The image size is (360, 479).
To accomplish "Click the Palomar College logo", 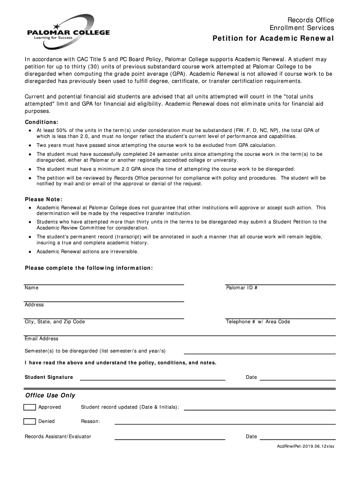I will [x=67, y=33].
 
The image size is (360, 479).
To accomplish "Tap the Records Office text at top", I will [x=310, y=20].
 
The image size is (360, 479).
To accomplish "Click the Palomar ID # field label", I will [x=242, y=288].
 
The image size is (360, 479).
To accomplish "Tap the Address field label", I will [x=34, y=305].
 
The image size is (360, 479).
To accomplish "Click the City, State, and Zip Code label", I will [x=55, y=322].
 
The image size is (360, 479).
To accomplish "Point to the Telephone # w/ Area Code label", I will [x=258, y=322].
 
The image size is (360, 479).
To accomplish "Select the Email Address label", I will [x=42, y=339].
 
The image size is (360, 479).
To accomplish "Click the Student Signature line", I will [x=152, y=378].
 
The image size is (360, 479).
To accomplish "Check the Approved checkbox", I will [x=30, y=407].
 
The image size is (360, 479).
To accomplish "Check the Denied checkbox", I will [x=30, y=421].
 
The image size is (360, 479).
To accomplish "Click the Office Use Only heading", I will [x=50, y=395].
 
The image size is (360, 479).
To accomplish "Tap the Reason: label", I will [x=90, y=421].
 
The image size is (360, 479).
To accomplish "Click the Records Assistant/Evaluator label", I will [x=58, y=436].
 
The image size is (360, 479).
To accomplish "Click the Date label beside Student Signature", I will [x=252, y=377].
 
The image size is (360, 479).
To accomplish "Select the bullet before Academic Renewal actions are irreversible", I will [x=30, y=252].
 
